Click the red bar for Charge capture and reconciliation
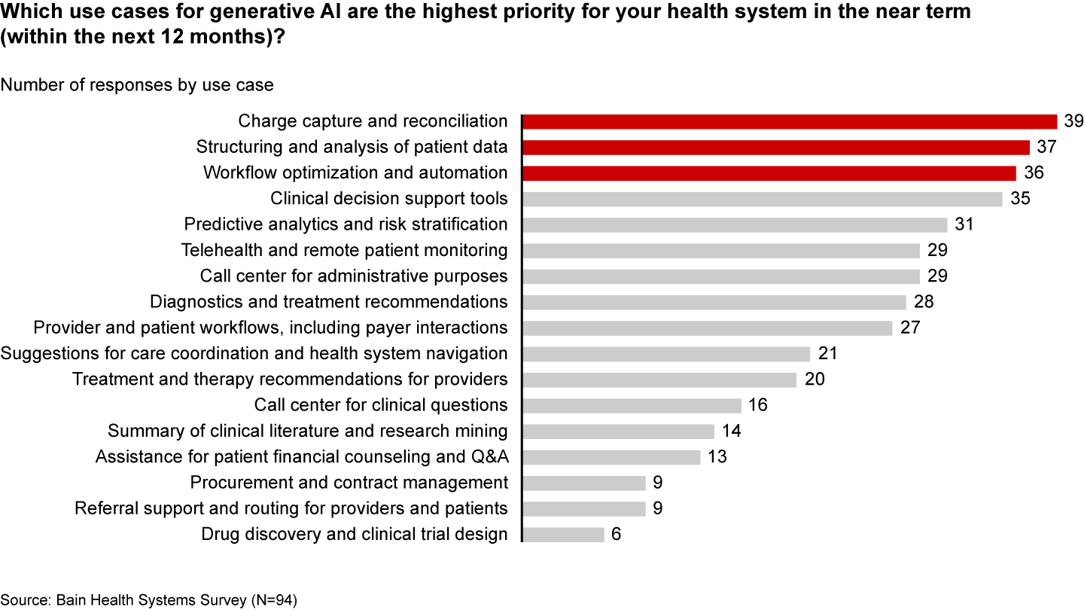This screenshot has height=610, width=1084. click(790, 121)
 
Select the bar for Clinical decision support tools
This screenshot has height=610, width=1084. click(762, 199)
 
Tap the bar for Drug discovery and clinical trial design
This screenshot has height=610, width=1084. click(563, 534)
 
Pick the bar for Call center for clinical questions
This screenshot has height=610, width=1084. click(632, 405)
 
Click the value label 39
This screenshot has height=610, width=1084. click(1073, 121)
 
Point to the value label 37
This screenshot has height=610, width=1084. click(1046, 147)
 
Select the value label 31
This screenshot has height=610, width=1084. click(964, 224)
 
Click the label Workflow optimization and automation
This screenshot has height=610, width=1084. click(355, 172)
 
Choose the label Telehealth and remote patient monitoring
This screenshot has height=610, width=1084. click(344, 250)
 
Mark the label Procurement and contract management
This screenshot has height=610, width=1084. click(349, 483)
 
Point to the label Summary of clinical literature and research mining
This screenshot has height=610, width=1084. click(307, 431)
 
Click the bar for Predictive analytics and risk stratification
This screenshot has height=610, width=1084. click(735, 224)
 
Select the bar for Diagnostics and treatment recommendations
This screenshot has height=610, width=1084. click(714, 302)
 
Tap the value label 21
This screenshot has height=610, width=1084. click(827, 353)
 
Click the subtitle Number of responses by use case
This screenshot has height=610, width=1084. click(137, 85)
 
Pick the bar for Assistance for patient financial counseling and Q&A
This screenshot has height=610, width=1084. click(611, 457)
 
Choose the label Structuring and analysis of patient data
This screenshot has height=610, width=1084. click(352, 147)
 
